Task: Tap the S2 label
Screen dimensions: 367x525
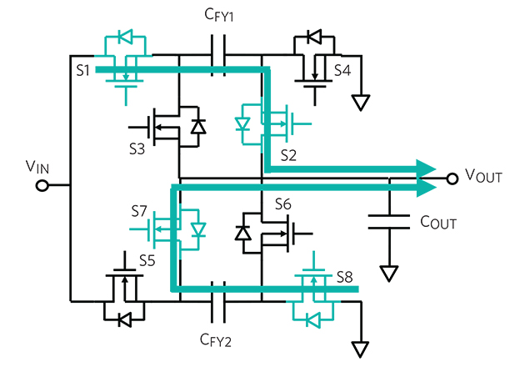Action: (289, 155)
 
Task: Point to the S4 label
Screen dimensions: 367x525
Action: (342, 70)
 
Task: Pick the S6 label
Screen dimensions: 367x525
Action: (282, 203)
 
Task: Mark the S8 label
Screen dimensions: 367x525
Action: (345, 276)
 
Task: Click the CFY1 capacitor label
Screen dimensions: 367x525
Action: (221, 16)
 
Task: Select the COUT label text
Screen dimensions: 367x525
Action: (438, 223)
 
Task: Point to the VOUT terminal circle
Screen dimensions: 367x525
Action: (452, 178)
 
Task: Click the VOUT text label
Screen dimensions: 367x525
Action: (484, 177)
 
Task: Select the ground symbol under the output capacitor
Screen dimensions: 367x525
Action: (388, 274)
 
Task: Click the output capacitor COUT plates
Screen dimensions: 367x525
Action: (388, 221)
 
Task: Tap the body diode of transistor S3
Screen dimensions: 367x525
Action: (197, 126)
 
